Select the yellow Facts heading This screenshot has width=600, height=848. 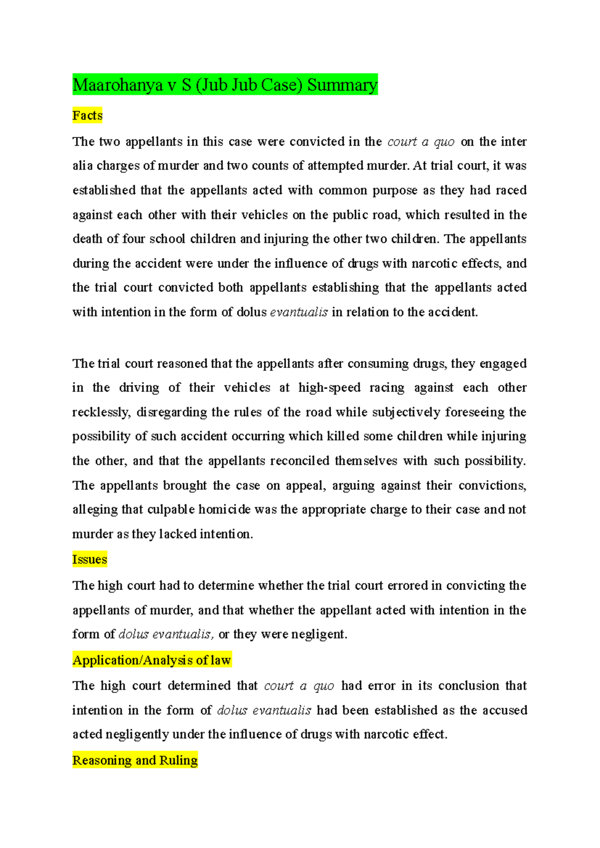[87, 115]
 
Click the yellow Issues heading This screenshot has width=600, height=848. [89, 559]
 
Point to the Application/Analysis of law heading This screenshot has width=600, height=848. [151, 660]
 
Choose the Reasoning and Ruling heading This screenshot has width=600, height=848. [135, 760]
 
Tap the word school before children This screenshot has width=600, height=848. [167, 239]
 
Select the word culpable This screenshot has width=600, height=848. [171, 509]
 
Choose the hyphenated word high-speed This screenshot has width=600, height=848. [329, 387]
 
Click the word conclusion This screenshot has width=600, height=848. [469, 685]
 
